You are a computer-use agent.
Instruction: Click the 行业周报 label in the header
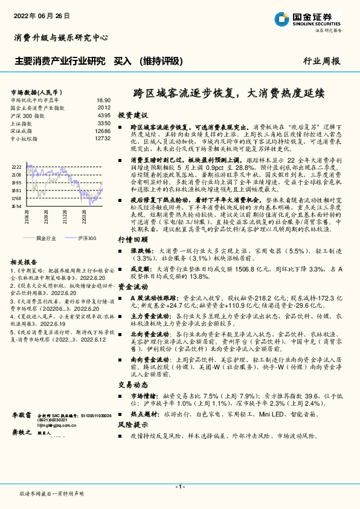321,61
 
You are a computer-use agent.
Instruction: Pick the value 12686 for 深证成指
103,131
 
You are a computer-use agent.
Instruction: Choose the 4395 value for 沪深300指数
104,115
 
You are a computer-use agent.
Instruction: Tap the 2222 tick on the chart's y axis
16,167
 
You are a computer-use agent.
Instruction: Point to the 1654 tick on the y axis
16,206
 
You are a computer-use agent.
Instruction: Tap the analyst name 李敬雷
22,417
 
